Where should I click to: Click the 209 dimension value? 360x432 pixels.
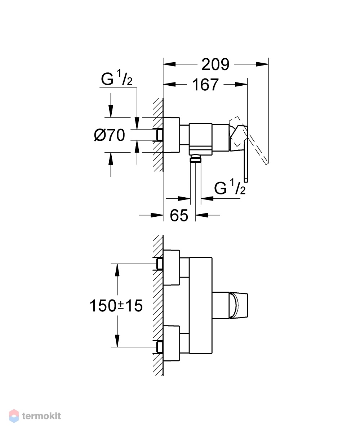click(x=215, y=64)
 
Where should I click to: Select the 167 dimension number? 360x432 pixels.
click(x=205, y=85)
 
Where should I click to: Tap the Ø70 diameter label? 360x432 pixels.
click(x=109, y=135)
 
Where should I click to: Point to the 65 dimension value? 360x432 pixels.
click(x=179, y=215)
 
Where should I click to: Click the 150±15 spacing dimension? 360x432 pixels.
click(x=116, y=306)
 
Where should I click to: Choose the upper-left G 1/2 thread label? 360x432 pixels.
click(x=117, y=78)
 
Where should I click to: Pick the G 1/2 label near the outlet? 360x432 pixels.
click(x=230, y=187)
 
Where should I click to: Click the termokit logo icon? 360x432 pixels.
click(x=14, y=416)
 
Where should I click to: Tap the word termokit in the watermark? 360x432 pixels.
click(x=41, y=416)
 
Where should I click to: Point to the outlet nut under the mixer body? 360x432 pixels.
click(x=196, y=159)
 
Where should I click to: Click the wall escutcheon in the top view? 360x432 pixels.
click(x=171, y=135)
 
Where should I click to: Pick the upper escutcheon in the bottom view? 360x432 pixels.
click(x=171, y=267)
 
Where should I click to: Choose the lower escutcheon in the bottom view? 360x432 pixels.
click(x=171, y=343)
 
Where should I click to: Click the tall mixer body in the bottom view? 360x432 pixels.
click(x=201, y=305)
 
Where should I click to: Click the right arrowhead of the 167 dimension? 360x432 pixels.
click(x=241, y=84)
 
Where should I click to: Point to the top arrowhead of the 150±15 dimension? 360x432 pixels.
click(x=117, y=270)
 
